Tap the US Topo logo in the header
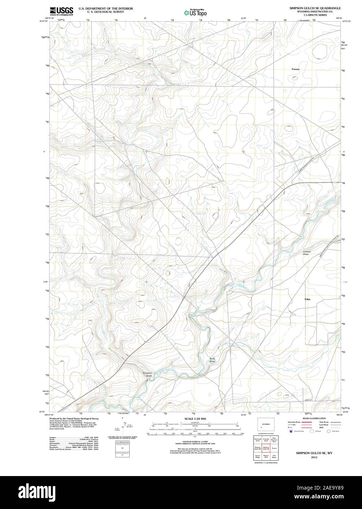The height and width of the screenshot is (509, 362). tap(195, 12)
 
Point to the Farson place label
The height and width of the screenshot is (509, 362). tap(295, 69)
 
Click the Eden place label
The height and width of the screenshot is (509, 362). tap(307, 299)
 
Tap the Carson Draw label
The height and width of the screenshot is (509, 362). tap(307, 253)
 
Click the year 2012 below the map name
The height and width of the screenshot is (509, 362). tap(314, 457)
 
